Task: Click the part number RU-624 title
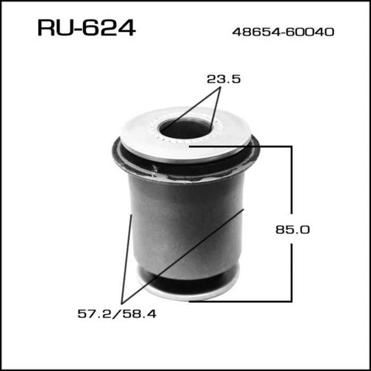pyautogui.click(x=86, y=28)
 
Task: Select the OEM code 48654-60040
pyautogui.click(x=283, y=32)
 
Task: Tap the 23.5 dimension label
pyautogui.click(x=224, y=79)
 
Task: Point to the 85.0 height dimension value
pyautogui.click(x=292, y=230)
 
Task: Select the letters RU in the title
pyautogui.click(x=54, y=28)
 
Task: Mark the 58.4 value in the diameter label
pyautogui.click(x=145, y=314)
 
